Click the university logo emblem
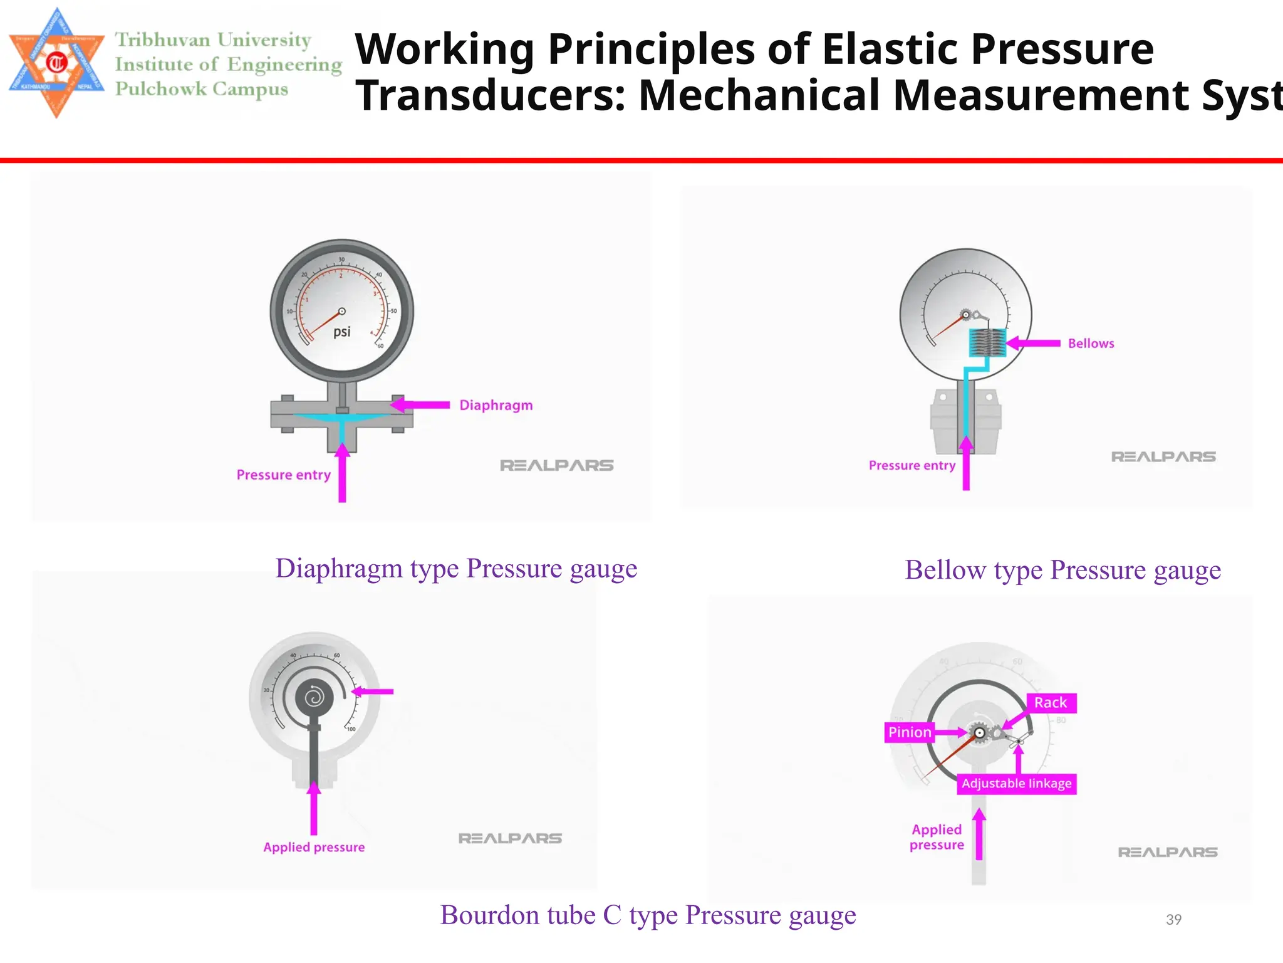(56, 63)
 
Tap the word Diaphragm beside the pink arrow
(496, 406)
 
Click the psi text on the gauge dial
(341, 332)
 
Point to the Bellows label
(1091, 344)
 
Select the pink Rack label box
(1051, 703)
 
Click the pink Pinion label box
(910, 732)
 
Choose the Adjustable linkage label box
(1016, 784)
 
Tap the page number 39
(1173, 920)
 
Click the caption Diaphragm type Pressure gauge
(456, 569)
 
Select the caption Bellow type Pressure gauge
(1062, 571)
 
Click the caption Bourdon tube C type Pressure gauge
(648, 915)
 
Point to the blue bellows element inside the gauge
(987, 343)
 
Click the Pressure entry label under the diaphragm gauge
(283, 475)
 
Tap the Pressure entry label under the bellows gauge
(912, 466)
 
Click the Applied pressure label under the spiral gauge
(314, 848)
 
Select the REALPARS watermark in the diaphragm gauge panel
(556, 466)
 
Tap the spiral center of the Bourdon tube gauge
(314, 697)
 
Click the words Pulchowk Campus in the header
(202, 89)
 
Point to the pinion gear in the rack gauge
(979, 732)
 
